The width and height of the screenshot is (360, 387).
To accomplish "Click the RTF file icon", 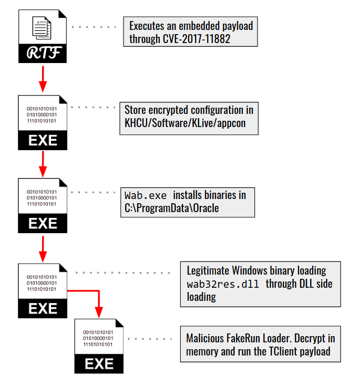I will coord(43,37).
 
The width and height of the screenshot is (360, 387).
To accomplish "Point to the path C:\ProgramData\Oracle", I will coord(169,208).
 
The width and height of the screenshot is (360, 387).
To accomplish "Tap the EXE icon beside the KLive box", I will coord(43,122).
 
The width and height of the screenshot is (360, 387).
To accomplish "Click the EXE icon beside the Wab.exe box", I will coord(43,205).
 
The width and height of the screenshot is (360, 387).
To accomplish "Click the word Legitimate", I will coord(208,271).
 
